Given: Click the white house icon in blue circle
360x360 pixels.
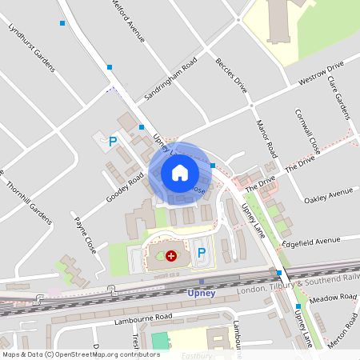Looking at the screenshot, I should click(180, 173).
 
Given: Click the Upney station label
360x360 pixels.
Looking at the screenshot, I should click(201, 293).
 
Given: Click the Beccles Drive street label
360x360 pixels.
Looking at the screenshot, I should click(230, 76).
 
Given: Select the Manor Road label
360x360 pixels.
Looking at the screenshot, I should click(266, 138).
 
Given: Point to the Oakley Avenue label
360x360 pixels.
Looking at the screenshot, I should click(329, 194).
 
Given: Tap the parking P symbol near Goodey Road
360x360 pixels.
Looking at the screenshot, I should click(113, 142).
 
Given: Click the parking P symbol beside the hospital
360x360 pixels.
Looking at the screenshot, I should click(202, 253).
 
